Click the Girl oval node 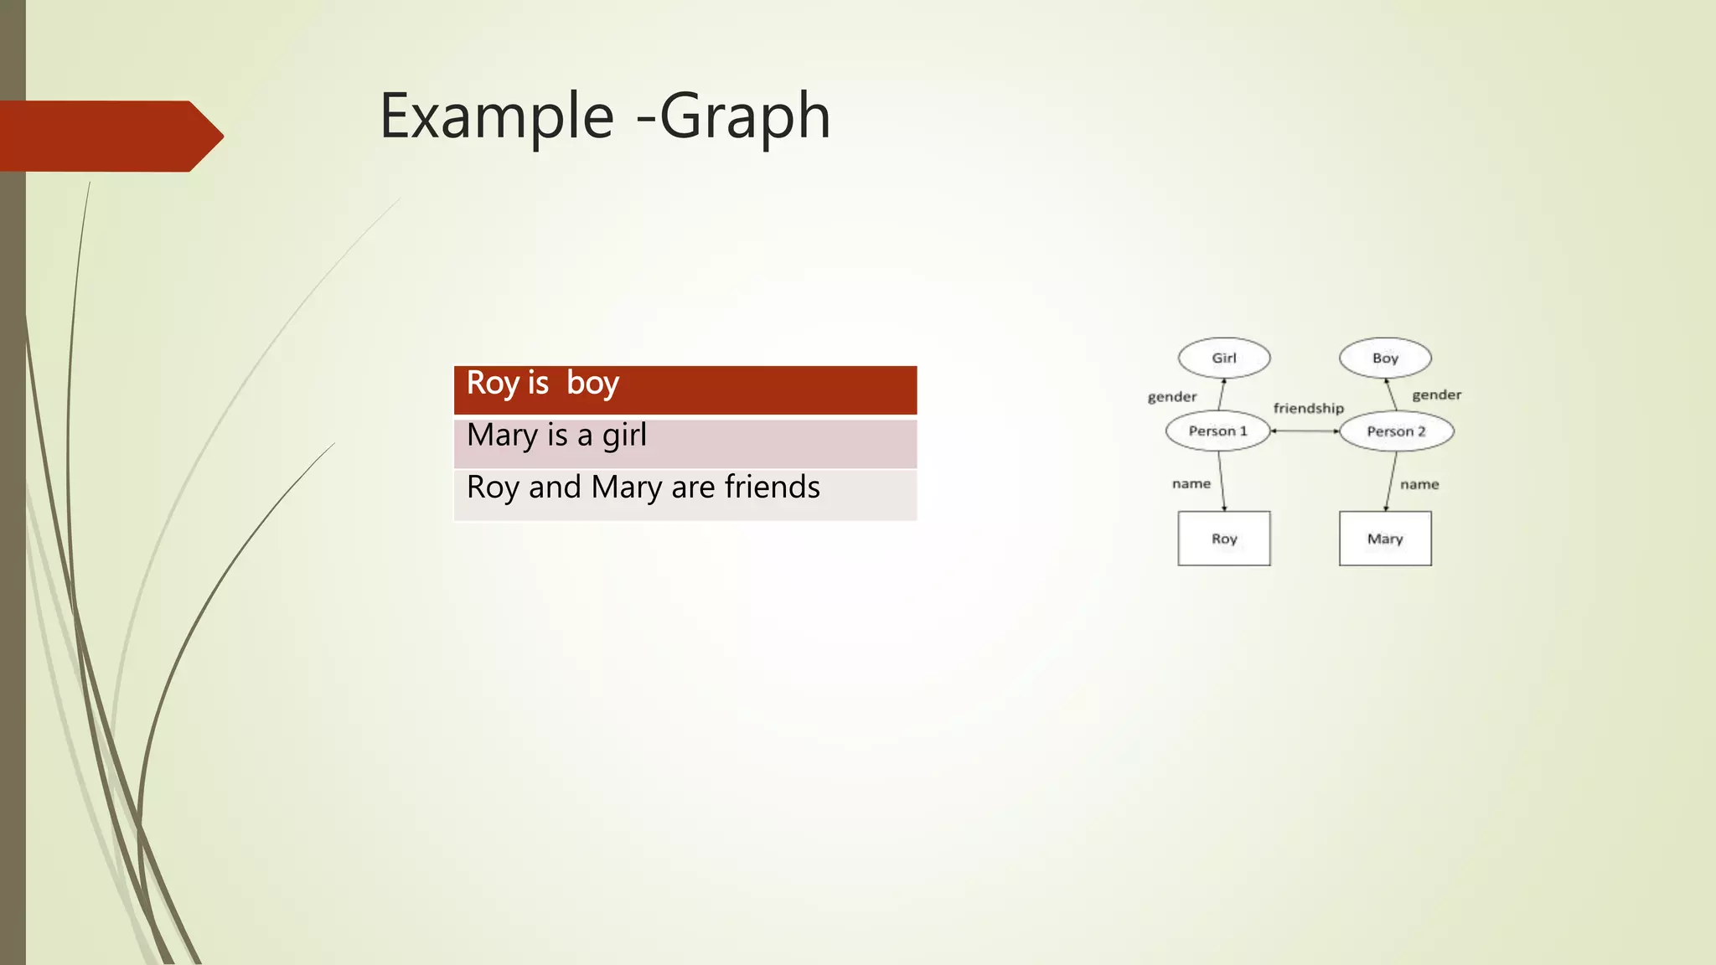point(1224,358)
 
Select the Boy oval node point(1385,358)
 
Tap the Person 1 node point(1217,431)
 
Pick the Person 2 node point(1396,431)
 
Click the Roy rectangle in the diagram point(1224,539)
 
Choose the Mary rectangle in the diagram point(1385,539)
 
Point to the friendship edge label point(1308,408)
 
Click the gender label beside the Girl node point(1171,396)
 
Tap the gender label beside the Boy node point(1436,395)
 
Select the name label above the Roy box point(1191,483)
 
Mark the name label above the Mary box point(1419,484)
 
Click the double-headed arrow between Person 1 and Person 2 point(1305,431)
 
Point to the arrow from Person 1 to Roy point(1222,481)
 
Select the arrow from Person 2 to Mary point(1391,482)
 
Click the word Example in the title point(497,116)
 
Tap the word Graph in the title point(745,116)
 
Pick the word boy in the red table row point(592,383)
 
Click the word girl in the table point(624,435)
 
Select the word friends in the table point(772,487)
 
